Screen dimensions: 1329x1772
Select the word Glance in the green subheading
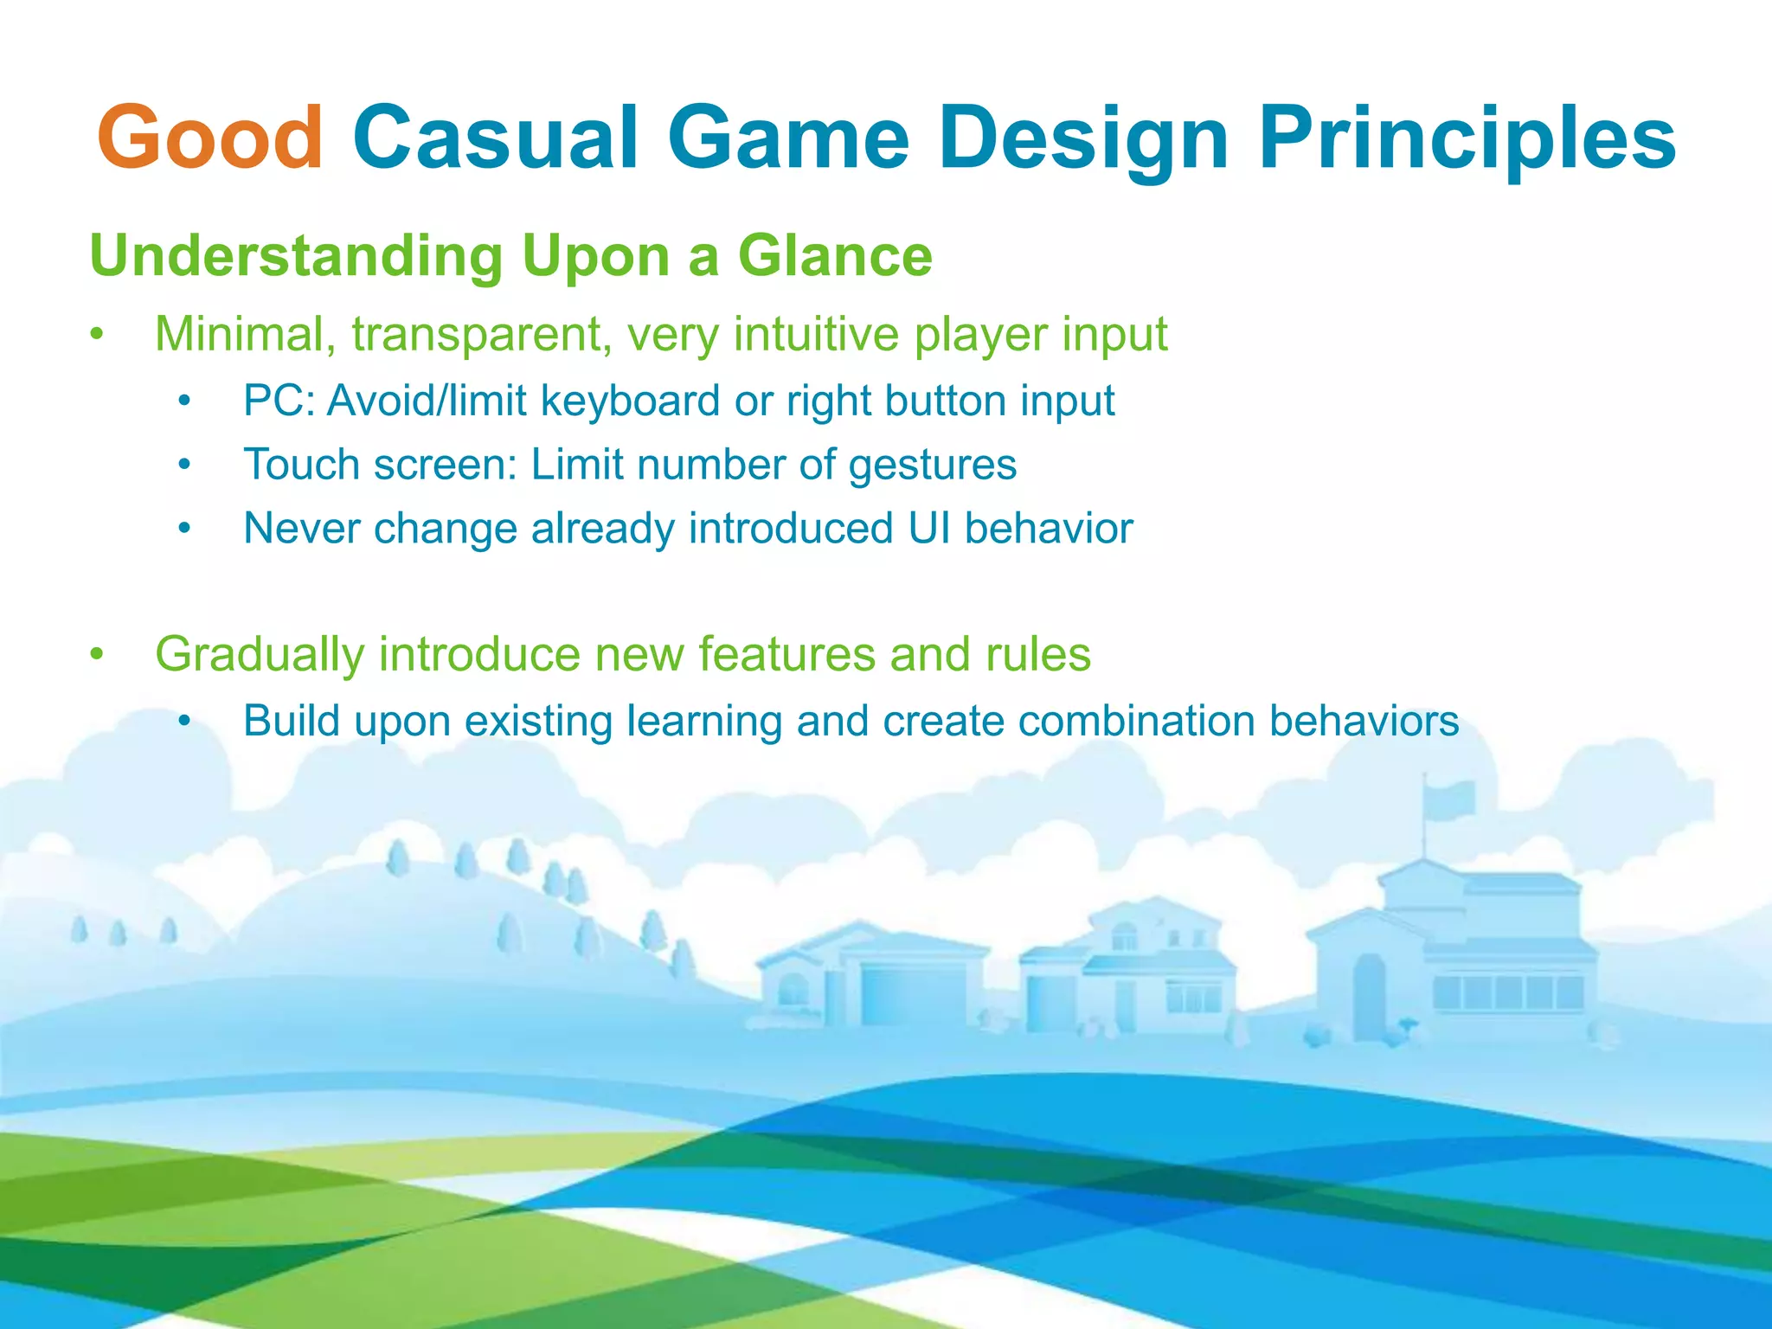(835, 256)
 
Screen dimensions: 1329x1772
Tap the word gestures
(932, 465)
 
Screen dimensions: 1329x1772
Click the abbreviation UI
(929, 529)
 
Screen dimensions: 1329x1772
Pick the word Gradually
(260, 654)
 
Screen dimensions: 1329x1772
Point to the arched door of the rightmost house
(1369, 995)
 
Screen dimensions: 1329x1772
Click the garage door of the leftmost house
(913, 995)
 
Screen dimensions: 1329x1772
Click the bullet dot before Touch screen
(183, 465)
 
